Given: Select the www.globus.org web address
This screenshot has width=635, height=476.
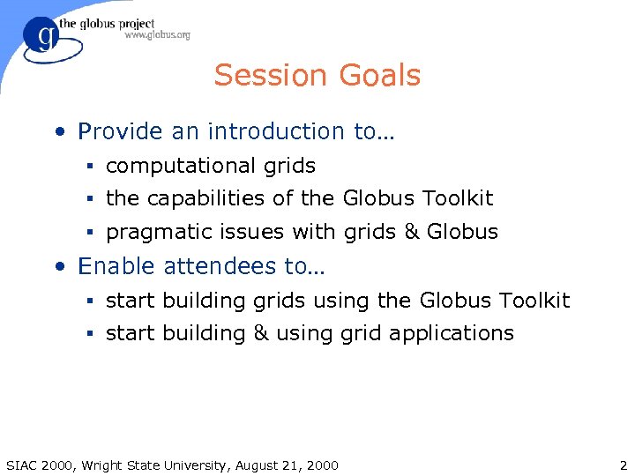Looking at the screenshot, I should [157, 35].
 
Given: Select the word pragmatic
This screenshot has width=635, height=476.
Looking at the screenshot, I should [155, 233].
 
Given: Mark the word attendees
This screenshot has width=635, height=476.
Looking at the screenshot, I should [211, 266].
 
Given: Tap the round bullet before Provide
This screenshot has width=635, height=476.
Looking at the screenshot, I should [58, 133].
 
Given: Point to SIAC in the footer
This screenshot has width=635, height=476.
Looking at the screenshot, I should [22, 465].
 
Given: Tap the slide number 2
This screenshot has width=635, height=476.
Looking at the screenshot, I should [623, 465].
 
